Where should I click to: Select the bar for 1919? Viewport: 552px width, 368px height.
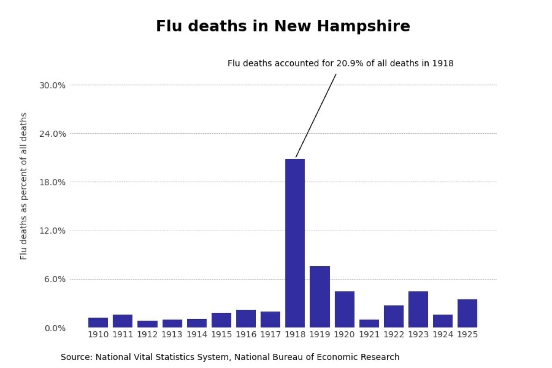pyautogui.click(x=320, y=297)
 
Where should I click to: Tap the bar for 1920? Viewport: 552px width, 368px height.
pyautogui.click(x=345, y=309)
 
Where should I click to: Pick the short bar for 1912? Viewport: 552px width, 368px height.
pyautogui.click(x=147, y=324)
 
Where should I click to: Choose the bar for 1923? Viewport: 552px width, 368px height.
pyautogui.click(x=418, y=309)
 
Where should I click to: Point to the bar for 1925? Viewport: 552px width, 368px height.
pyautogui.click(x=467, y=313)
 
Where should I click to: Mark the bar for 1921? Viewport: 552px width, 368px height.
pyautogui.click(x=369, y=323)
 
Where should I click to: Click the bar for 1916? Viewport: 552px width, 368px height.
pyautogui.click(x=246, y=318)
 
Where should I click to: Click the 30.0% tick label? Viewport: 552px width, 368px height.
pyautogui.click(x=52, y=85)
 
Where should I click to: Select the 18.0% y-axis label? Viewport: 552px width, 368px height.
pyautogui.click(x=52, y=182)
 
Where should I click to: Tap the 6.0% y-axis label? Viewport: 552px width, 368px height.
pyautogui.click(x=54, y=279)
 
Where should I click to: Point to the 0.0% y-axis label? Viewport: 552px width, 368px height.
pyautogui.click(x=54, y=328)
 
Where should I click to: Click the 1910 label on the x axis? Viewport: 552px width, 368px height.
pyautogui.click(x=98, y=334)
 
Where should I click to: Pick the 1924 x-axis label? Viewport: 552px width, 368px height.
pyautogui.click(x=443, y=334)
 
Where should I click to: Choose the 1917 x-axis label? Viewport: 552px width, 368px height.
pyautogui.click(x=270, y=334)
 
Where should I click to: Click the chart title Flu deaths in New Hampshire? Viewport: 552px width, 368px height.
pyautogui.click(x=283, y=26)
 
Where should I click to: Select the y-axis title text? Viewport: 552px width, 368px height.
pyautogui.click(x=24, y=186)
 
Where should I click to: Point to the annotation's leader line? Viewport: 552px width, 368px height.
pyautogui.click(x=316, y=116)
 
